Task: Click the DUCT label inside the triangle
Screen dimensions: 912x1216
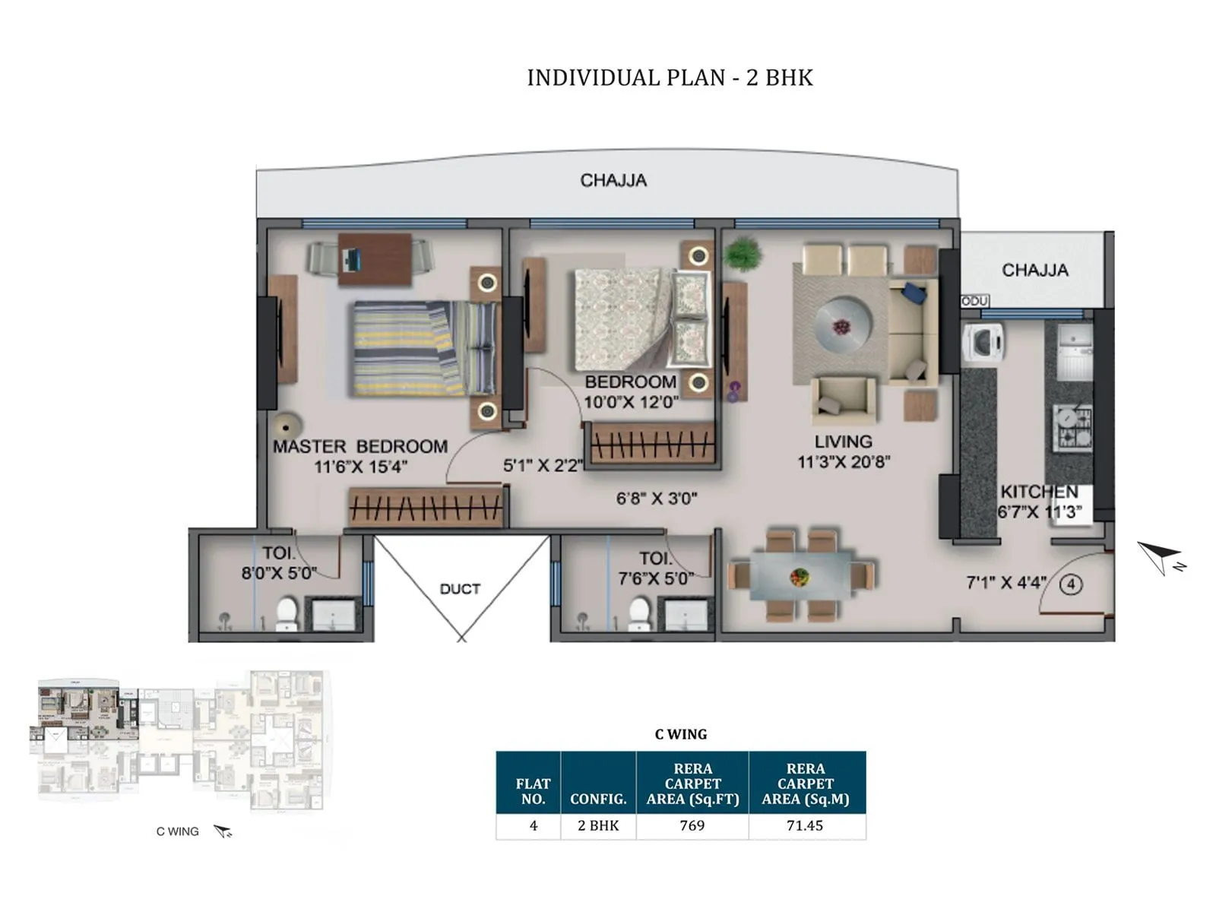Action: (460, 589)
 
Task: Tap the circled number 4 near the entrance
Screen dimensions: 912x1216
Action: (1071, 584)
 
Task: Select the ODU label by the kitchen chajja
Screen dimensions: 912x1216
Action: (974, 302)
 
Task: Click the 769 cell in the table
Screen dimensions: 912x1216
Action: (692, 825)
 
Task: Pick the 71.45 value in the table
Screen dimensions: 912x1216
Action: (805, 825)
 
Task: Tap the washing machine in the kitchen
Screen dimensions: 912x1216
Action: (983, 343)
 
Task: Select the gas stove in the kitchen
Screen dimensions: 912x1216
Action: (1072, 427)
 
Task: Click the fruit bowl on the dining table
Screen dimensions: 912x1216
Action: (800, 577)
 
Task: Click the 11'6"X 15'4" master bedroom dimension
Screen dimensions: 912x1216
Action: (361, 467)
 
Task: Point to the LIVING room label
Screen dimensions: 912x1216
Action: (843, 442)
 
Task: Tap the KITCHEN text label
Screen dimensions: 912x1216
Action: (1039, 492)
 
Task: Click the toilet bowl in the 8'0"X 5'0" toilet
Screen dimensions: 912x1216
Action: (287, 613)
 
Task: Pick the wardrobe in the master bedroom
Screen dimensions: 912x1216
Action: (426, 507)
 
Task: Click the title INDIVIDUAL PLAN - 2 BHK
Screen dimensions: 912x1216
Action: (670, 78)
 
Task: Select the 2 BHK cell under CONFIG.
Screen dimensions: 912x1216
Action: (598, 825)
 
